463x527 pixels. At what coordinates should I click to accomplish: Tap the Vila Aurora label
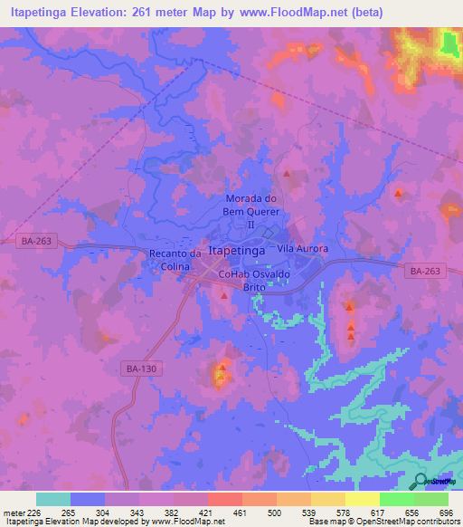click(302, 248)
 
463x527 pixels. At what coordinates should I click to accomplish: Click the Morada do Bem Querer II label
click(254, 211)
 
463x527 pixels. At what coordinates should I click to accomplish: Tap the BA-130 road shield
click(137, 368)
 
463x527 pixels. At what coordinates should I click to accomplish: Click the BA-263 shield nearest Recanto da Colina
click(33, 240)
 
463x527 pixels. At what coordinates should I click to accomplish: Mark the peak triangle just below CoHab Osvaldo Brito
click(223, 295)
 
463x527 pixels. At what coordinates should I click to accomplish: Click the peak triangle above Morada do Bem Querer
click(287, 173)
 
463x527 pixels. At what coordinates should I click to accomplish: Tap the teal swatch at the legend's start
click(53, 499)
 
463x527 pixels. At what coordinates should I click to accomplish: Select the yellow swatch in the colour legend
click(362, 499)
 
